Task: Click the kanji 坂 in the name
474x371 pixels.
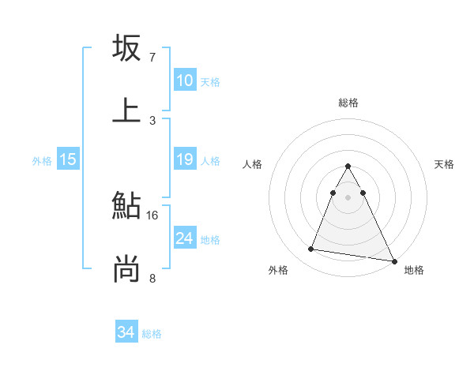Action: [x=126, y=48]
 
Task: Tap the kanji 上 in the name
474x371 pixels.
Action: [x=126, y=109]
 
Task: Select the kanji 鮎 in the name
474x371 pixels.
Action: [x=126, y=206]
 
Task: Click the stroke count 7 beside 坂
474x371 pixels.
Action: [x=152, y=58]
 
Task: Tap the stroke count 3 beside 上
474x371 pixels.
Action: [x=152, y=120]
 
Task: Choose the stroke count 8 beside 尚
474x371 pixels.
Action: [x=152, y=278]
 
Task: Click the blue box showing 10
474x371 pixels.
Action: [x=184, y=81]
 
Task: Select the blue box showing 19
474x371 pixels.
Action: [x=184, y=159]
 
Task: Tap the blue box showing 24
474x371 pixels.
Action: [x=184, y=238]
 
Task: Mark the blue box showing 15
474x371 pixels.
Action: [x=68, y=160]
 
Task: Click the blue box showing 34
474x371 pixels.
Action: [x=126, y=333]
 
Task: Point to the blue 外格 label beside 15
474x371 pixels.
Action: [x=42, y=161]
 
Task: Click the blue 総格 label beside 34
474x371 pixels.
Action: [x=152, y=334]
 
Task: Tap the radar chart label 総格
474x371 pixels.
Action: [x=348, y=103]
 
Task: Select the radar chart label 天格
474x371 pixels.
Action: [x=445, y=164]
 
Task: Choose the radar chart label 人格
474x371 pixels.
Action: [x=253, y=164]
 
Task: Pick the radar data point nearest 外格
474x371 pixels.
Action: [x=311, y=249]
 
